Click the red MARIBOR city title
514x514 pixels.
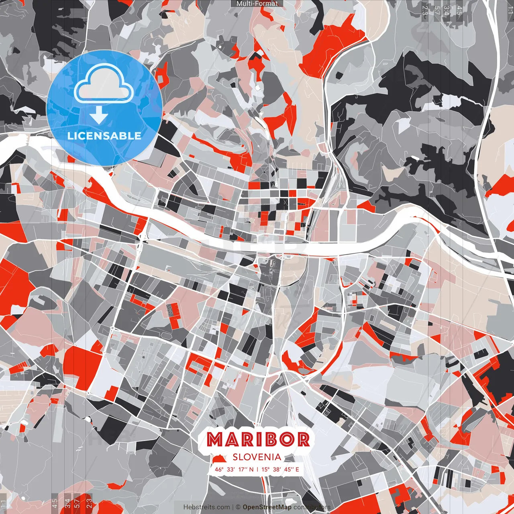point(258,440)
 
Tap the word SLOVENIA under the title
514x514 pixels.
point(257,457)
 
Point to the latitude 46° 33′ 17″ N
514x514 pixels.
point(234,469)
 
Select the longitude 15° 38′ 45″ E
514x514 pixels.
point(280,469)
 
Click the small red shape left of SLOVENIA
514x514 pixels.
point(219,458)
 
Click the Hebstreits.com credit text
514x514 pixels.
point(206,507)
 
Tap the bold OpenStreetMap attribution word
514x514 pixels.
point(267,507)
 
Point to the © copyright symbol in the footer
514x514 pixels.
point(238,507)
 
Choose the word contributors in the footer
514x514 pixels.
point(312,507)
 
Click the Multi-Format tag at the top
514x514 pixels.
point(257,4)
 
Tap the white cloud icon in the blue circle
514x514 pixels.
point(104,86)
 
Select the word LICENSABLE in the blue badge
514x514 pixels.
point(104,136)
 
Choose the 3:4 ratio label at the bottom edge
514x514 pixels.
point(67,504)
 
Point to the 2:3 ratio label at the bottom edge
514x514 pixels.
point(89,504)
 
